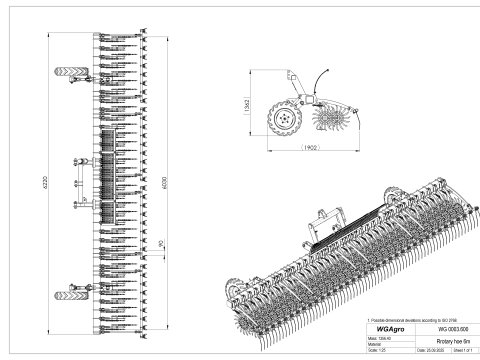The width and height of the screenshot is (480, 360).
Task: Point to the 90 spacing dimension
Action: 162,241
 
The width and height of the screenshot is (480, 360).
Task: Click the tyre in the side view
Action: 283,121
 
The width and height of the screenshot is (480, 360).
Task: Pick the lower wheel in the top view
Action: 71,293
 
